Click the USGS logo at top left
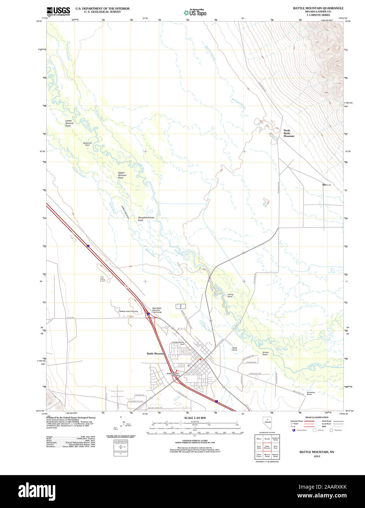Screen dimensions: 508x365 click(x=58, y=11)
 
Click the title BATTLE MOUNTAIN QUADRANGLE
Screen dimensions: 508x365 click(x=318, y=8)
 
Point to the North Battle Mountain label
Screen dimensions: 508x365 click(x=289, y=133)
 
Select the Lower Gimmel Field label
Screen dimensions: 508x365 click(x=69, y=123)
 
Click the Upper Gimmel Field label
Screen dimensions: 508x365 click(x=122, y=175)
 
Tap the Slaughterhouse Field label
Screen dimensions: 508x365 click(x=146, y=219)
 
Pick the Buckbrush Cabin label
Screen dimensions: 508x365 click(x=87, y=144)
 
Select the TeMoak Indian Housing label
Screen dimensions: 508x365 click(x=129, y=311)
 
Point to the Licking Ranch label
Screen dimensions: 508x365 click(x=230, y=295)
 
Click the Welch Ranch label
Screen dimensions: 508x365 click(x=235, y=349)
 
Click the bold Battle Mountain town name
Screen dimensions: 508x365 click(x=156, y=354)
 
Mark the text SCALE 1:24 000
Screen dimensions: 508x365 click(x=195, y=418)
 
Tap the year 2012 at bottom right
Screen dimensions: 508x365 click(x=317, y=456)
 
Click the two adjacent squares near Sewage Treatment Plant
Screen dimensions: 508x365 click(x=181, y=306)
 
